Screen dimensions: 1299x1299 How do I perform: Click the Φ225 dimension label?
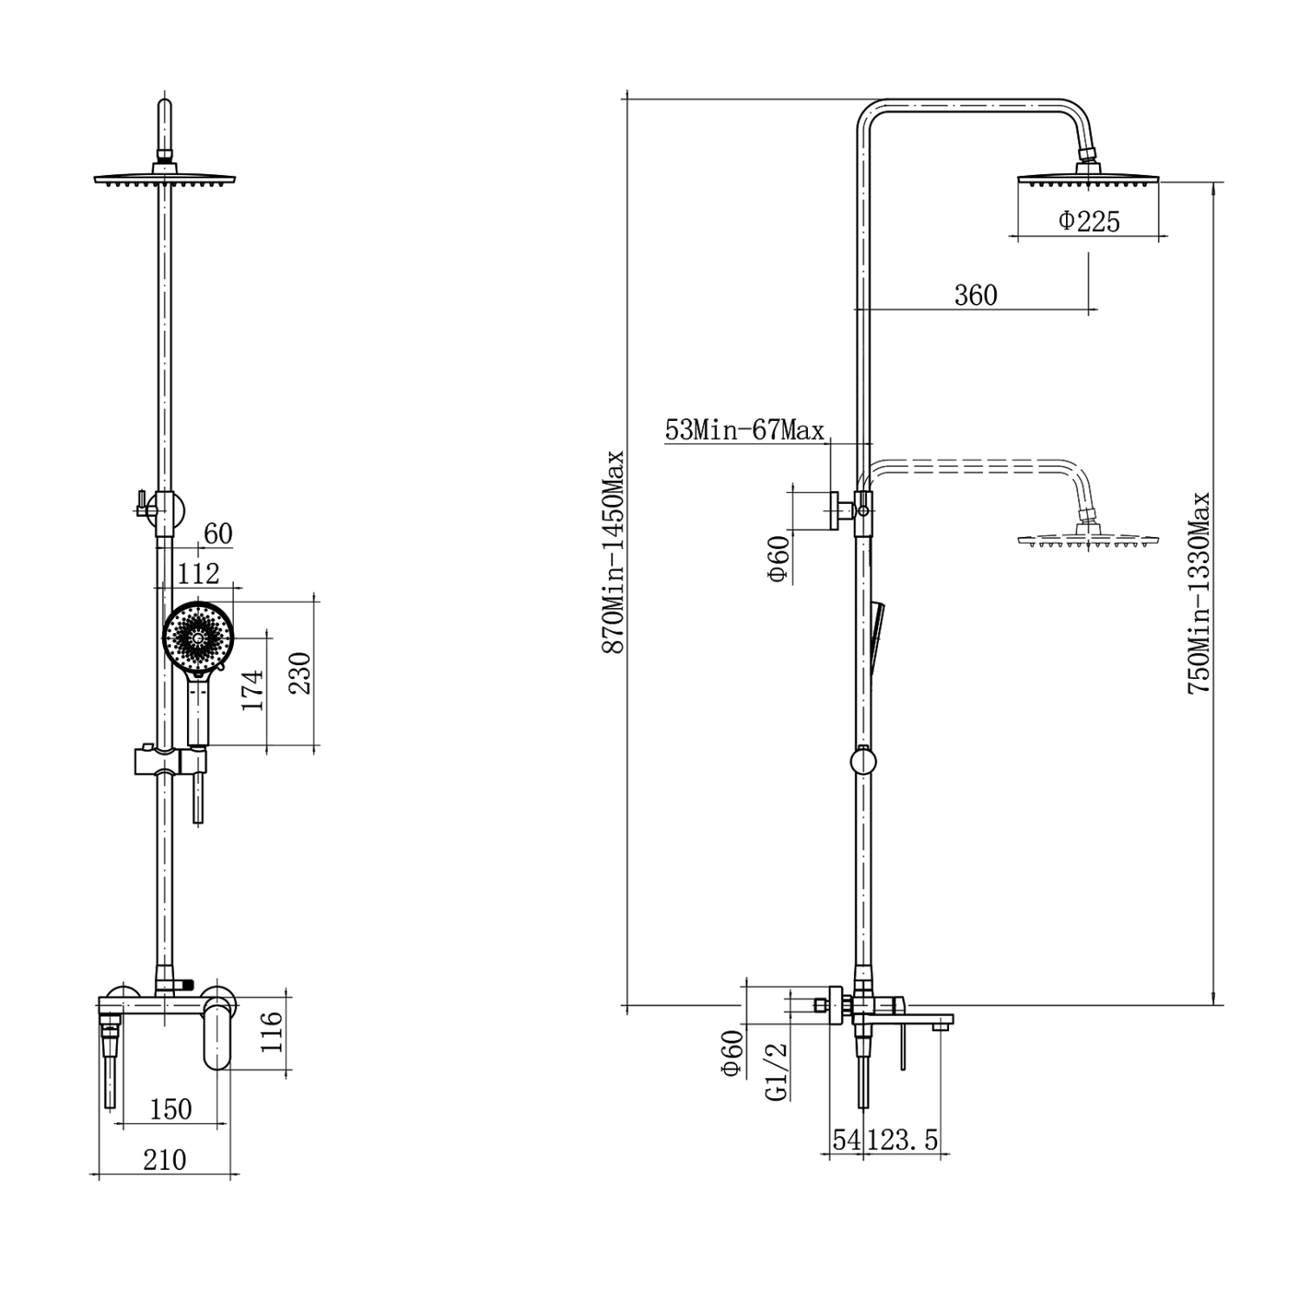1089,222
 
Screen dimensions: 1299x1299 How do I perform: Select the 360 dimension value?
976,295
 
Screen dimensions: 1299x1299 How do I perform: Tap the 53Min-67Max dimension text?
745,430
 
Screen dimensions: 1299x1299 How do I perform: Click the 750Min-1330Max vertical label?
1199,593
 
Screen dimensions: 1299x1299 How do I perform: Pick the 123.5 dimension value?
903,1140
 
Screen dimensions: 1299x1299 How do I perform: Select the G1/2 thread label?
779,1071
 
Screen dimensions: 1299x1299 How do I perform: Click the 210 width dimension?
165,1159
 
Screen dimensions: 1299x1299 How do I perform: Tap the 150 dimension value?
171,1108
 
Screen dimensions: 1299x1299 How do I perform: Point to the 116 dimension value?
271,1031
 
